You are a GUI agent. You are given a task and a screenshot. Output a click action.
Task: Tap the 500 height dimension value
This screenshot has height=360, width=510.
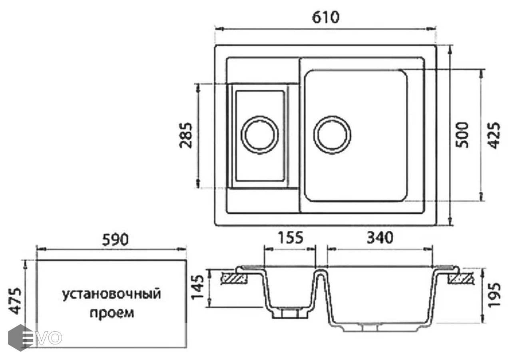(x=462, y=134)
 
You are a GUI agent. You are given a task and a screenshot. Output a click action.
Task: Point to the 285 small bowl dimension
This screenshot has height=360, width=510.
(x=186, y=135)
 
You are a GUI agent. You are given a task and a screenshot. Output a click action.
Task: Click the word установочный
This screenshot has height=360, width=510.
(x=111, y=294)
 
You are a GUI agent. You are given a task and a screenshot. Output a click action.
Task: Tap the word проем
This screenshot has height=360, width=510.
(x=112, y=312)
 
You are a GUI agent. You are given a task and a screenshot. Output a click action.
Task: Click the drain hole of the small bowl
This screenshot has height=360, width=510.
(x=259, y=134)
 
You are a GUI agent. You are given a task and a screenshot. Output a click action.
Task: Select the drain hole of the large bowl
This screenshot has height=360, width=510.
(x=332, y=134)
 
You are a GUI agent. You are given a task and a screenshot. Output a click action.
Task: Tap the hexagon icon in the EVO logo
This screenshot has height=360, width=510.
(x=20, y=337)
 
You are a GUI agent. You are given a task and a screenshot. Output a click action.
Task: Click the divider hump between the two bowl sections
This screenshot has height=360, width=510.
(x=320, y=276)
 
